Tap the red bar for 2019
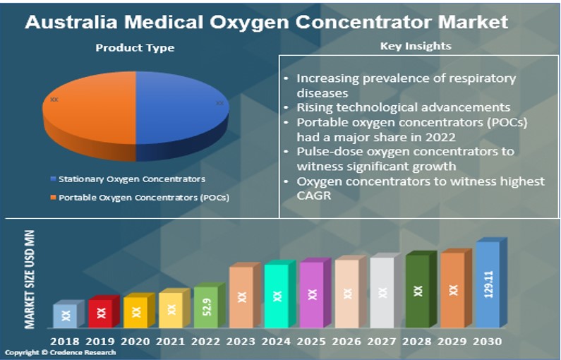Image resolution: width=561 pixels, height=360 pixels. tap(101, 312)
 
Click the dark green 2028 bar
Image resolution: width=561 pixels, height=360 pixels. tap(418, 292)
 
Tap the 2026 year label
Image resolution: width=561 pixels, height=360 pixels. tap(346, 342)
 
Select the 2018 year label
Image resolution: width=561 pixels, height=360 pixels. tap(66, 342)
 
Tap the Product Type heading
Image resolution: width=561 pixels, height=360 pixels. tap(135, 48)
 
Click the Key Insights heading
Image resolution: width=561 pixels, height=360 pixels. tap(416, 47)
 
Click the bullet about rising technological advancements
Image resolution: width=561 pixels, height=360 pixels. tap(403, 107)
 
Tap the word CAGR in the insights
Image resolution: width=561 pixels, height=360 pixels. tap(314, 196)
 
